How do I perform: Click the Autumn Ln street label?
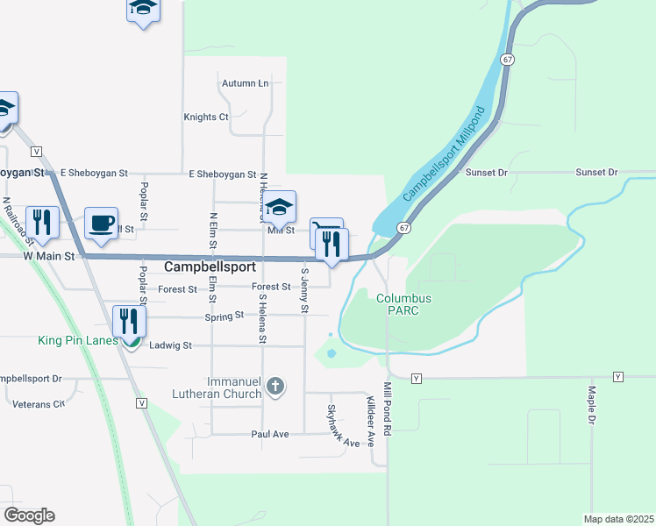click(245, 83)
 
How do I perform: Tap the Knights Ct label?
click(205, 117)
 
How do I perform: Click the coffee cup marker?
click(102, 223)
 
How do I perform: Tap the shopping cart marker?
click(324, 234)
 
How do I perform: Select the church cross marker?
click(275, 387)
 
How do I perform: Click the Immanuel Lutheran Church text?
click(234, 387)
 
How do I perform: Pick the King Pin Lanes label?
click(78, 340)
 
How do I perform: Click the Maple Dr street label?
click(592, 406)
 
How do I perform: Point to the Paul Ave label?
click(270, 434)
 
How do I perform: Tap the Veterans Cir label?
click(39, 404)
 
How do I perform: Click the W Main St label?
click(52, 256)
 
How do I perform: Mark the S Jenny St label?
click(304, 290)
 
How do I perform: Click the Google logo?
click(29, 515)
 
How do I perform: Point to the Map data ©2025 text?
click(618, 519)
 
